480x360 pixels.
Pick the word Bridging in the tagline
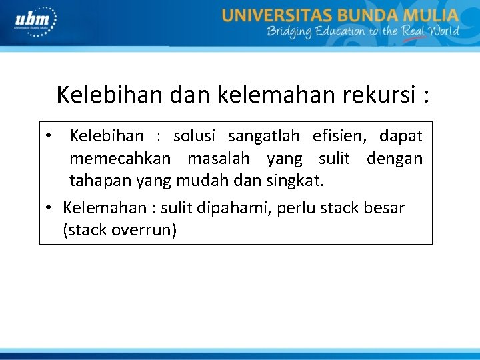point(289,32)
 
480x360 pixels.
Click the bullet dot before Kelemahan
point(50,207)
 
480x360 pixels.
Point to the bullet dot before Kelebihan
point(50,136)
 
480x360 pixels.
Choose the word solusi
point(195,137)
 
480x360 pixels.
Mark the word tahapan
point(101,181)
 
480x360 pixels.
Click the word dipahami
point(220,208)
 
